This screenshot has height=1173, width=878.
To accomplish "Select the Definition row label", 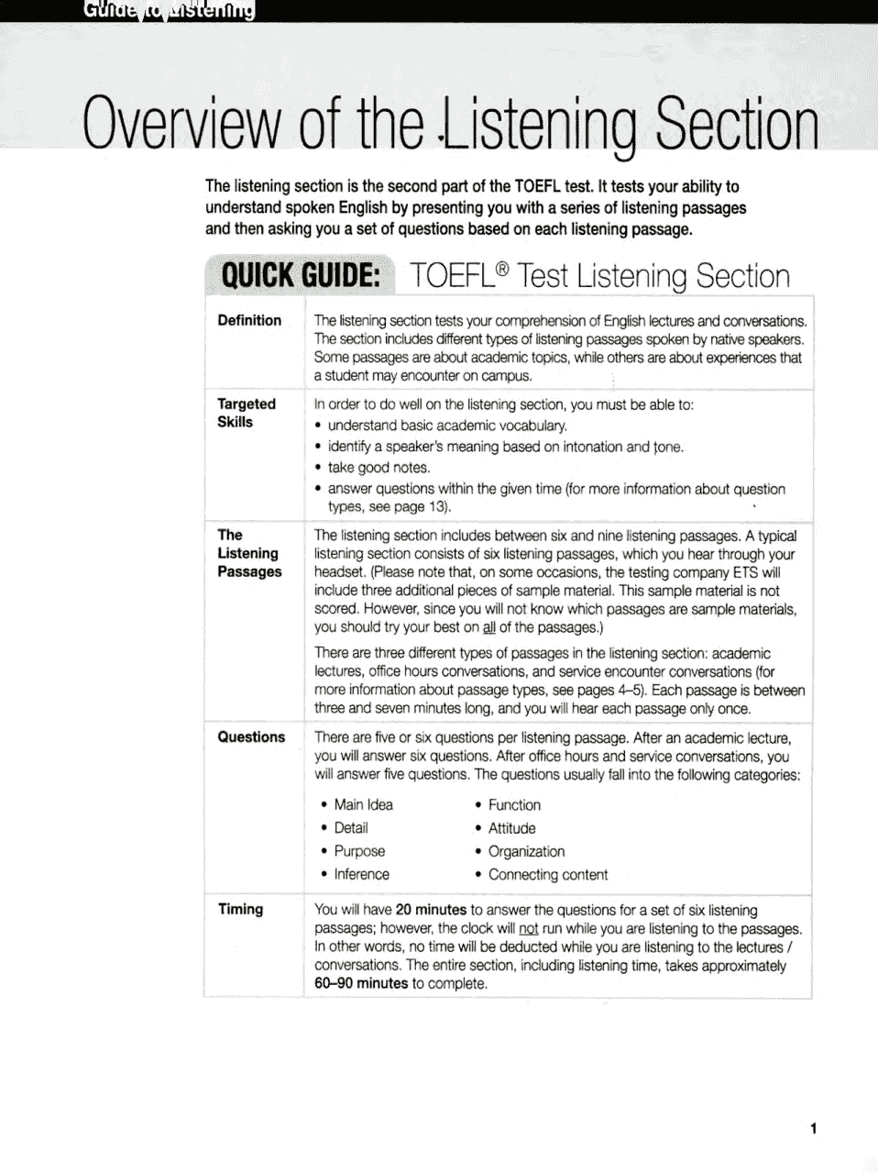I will (249, 320).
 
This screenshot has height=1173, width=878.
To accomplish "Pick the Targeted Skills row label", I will (246, 413).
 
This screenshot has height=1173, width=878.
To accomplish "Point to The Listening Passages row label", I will (248, 553).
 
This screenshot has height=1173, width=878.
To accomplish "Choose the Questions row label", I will (250, 736).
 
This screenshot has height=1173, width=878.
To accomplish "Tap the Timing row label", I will (240, 909).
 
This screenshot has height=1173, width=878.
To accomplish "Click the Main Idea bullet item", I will (363, 804).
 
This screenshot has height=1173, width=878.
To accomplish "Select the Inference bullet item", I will (361, 874).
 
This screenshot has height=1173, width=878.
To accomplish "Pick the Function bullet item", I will (513, 804).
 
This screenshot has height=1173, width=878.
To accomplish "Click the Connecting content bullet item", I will (547, 874).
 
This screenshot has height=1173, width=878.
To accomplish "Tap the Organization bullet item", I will (526, 851).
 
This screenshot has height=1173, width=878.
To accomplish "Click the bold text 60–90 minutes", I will (361, 983).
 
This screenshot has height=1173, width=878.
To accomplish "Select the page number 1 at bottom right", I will (813, 1129).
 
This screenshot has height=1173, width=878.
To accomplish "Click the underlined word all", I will (488, 627).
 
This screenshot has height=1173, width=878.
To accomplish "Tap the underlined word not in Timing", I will (528, 928).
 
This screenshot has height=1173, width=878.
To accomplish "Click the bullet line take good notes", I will (379, 467).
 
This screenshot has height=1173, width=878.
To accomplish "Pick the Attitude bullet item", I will (511, 827).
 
